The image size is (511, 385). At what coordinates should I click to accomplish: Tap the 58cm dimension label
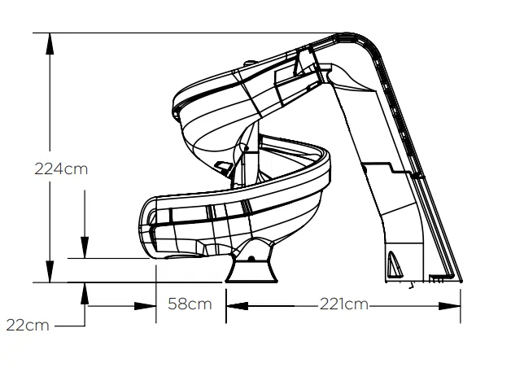pos(190,305)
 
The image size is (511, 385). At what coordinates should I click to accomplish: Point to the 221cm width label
pos(343,305)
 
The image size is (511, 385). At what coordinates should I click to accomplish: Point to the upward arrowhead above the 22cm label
pos(84,291)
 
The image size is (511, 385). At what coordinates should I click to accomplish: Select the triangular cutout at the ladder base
pos(395,264)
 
